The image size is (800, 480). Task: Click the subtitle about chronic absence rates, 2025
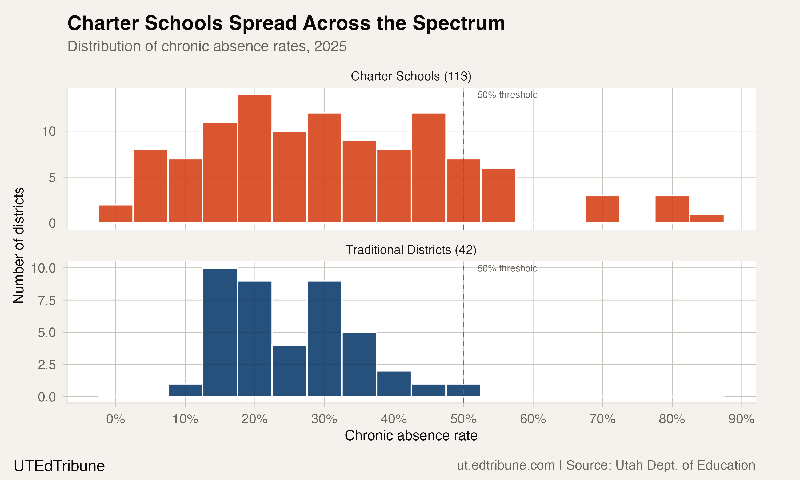click(x=207, y=46)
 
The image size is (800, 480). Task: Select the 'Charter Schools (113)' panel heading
click(x=411, y=76)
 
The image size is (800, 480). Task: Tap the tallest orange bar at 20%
click(x=255, y=158)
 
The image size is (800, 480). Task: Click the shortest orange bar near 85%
click(x=707, y=219)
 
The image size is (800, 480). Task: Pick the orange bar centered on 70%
click(x=602, y=209)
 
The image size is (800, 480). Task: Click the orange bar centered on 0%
click(x=115, y=214)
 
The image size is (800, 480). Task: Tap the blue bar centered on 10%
click(x=185, y=390)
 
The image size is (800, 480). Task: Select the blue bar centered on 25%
click(x=289, y=371)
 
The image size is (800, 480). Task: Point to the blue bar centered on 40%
click(x=394, y=384)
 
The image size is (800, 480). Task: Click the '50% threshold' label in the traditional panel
click(x=507, y=269)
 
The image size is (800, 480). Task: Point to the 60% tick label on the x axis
click(x=533, y=419)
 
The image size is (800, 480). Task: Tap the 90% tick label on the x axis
click(x=741, y=419)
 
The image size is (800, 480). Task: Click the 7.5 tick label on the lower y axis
click(x=47, y=301)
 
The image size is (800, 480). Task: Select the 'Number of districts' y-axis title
click(x=19, y=245)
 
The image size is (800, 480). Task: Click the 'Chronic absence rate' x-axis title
click(x=411, y=436)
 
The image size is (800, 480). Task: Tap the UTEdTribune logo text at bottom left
click(x=59, y=466)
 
